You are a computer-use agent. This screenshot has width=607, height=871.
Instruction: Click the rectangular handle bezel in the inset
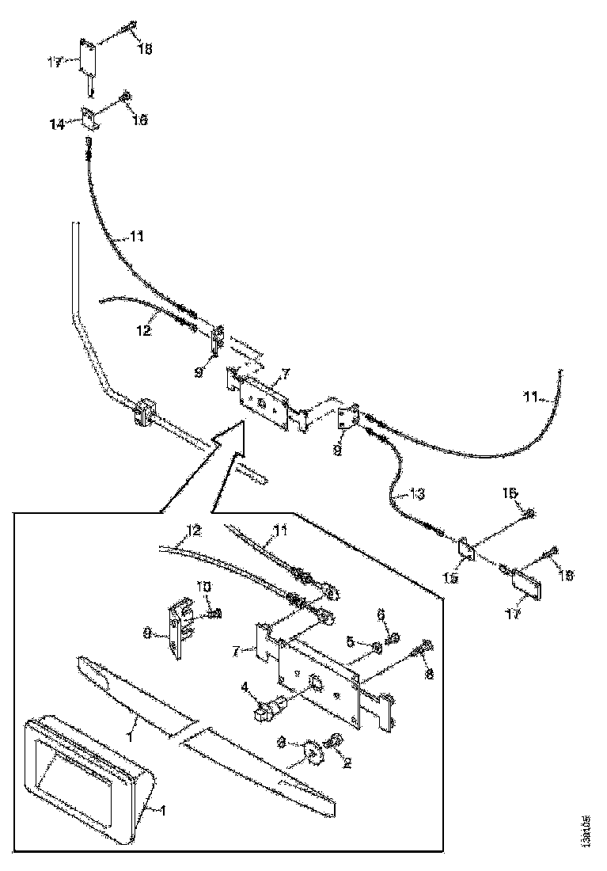point(85,776)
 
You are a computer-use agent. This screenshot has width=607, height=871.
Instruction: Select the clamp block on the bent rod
point(144,413)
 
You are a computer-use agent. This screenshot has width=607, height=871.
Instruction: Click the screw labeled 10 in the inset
point(214,612)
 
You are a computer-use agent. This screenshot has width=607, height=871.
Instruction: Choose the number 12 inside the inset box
point(194,530)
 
